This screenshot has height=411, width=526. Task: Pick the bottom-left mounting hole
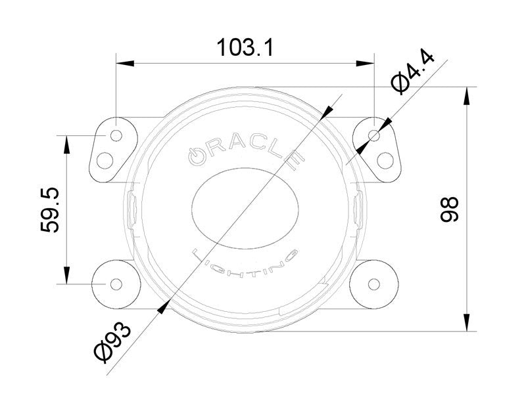116,284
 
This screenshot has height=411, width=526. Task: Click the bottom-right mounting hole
374,284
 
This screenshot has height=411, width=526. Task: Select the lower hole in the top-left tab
106,159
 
